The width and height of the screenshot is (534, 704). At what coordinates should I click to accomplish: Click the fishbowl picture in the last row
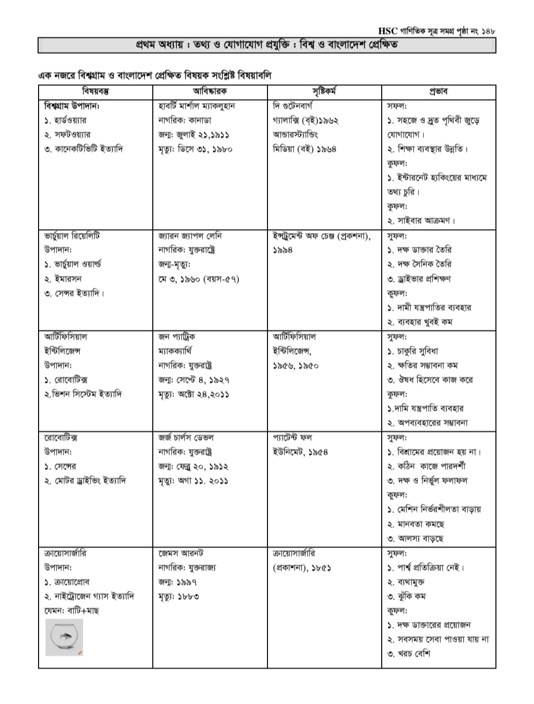64,637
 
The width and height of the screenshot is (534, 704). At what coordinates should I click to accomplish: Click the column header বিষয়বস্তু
95,91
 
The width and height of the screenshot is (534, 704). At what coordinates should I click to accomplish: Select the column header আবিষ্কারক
210,91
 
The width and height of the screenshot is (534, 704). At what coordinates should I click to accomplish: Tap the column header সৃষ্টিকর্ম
324,91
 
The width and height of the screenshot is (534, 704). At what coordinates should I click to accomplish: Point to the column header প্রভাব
438,91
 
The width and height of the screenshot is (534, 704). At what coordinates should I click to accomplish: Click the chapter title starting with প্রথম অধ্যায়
267,45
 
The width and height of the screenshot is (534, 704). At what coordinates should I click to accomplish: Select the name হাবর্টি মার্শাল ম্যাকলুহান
196,106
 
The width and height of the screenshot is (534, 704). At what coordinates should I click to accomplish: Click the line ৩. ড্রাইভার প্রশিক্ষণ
419,279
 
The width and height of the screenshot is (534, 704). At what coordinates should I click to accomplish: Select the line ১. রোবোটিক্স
66,380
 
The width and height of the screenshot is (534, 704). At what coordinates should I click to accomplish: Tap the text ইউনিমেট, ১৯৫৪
300,452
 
